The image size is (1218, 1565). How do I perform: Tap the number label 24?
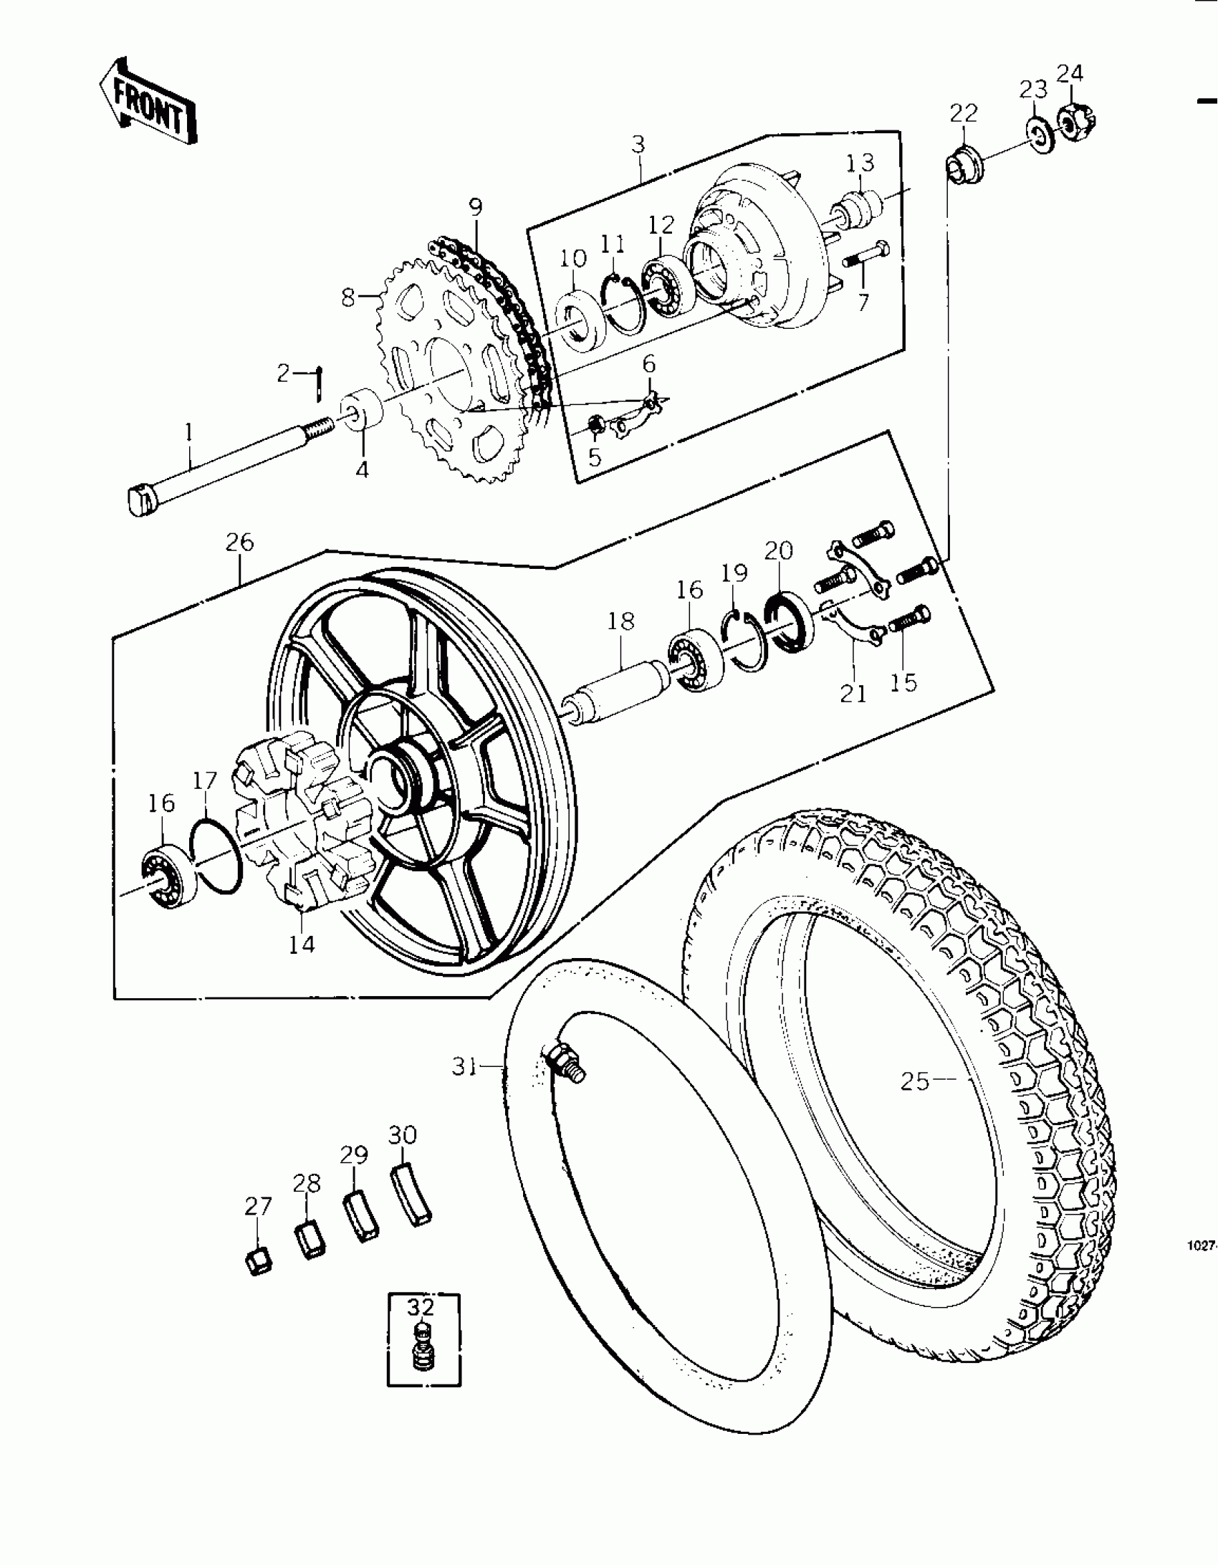(1070, 74)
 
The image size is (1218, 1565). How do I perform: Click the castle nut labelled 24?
(1070, 124)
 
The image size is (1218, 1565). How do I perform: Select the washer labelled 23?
(1037, 134)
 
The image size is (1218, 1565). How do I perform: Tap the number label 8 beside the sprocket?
(348, 297)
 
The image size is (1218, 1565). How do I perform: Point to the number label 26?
(239, 542)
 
